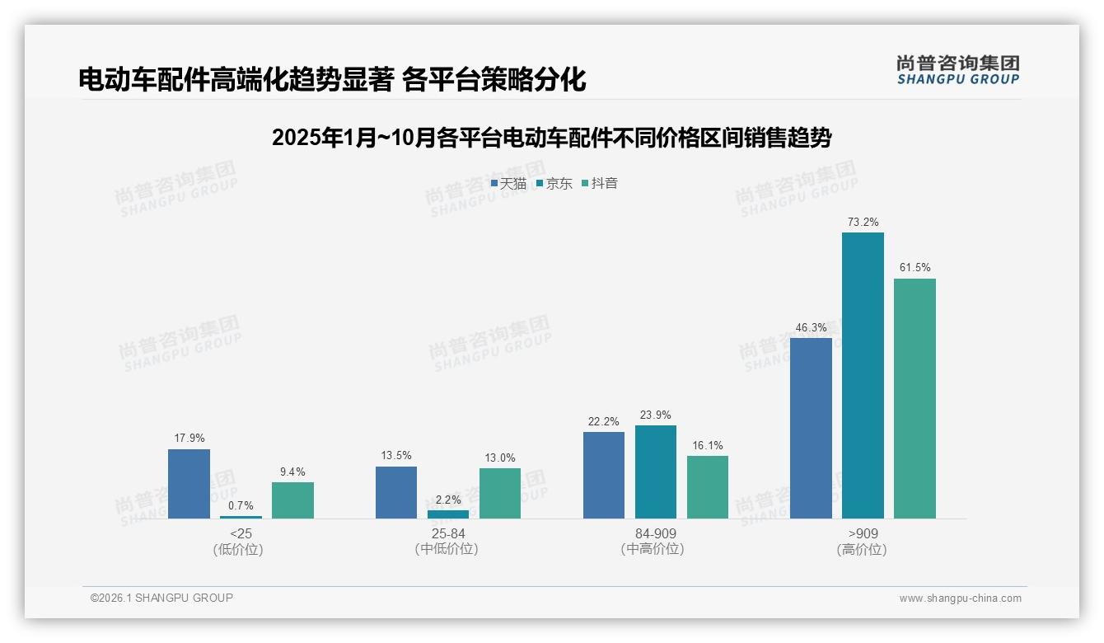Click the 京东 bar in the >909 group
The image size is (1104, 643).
coord(863,375)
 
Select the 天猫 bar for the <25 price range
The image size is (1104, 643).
coord(189,484)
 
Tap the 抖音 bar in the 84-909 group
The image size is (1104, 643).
coord(708,487)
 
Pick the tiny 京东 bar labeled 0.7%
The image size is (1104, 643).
coord(241,517)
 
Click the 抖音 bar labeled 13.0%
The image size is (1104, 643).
coord(500,493)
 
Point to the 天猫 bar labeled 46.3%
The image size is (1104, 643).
coord(811,428)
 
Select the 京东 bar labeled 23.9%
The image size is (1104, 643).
coord(656,472)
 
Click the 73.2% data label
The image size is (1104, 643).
coord(863,222)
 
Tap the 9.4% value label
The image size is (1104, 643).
coord(292,472)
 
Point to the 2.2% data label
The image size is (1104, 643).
coord(448,500)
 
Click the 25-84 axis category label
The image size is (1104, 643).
coord(447,533)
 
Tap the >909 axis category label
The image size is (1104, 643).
coord(863,533)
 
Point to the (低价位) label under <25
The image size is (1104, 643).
coord(241,549)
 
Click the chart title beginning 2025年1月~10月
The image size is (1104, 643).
coord(551,138)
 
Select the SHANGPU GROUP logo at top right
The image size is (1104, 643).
coord(957,70)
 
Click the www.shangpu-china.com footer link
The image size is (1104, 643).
coord(960,598)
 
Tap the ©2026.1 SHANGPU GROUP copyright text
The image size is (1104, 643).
coord(161,598)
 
